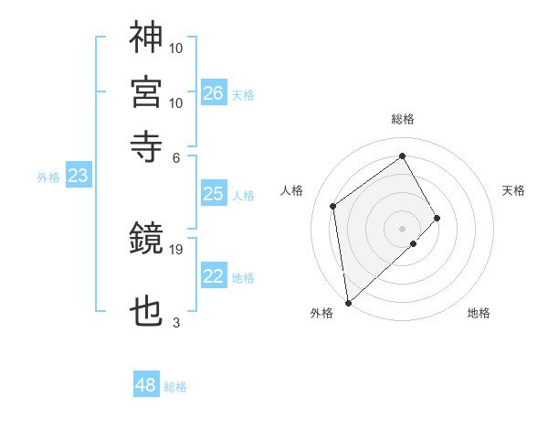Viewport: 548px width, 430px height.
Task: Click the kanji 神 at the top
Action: pos(146,38)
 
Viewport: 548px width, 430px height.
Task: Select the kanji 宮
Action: pos(146,91)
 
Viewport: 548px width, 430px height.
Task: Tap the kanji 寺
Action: pos(146,145)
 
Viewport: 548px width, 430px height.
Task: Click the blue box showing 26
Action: pos(214,93)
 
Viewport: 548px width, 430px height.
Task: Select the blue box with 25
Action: pos(214,194)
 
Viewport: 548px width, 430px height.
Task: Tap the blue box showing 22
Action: pos(214,277)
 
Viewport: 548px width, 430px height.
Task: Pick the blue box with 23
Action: pos(78,177)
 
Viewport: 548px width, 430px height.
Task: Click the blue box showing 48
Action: pos(146,385)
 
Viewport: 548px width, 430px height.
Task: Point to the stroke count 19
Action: pos(177,249)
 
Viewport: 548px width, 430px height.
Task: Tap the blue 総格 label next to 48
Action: pos(175,387)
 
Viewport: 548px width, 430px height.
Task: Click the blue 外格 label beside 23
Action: pos(48,177)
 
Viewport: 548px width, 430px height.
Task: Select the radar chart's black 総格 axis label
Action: pos(403,119)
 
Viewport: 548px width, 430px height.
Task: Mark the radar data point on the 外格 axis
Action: pos(347,302)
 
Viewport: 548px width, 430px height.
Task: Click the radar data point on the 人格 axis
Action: pos(333,206)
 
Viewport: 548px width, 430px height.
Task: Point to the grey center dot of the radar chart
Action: pos(403,227)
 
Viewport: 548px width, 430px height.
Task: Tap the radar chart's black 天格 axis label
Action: pos(514,190)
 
